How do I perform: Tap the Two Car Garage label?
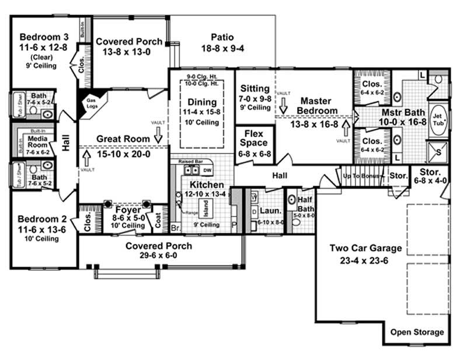coord(359,248)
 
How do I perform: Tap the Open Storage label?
coord(417,333)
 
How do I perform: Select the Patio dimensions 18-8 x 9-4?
coord(222,48)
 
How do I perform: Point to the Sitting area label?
coord(255,89)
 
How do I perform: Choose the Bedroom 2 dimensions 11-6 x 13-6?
coord(40,229)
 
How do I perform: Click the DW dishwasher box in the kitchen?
coord(207,170)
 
